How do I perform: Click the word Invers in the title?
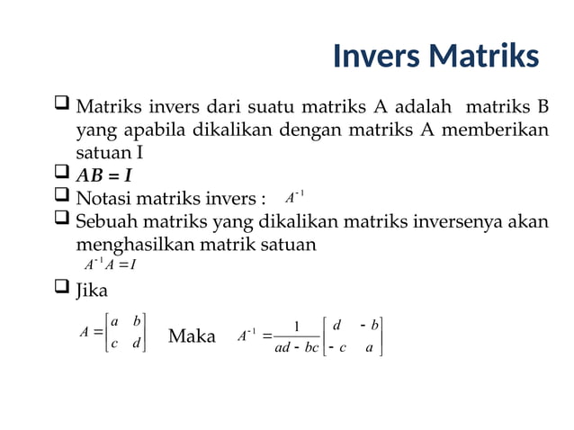(376, 56)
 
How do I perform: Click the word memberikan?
(499, 131)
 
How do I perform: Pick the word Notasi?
(106, 198)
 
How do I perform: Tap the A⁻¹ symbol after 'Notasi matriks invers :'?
(294, 197)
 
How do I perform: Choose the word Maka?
(192, 336)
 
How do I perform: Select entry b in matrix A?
(137, 321)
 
